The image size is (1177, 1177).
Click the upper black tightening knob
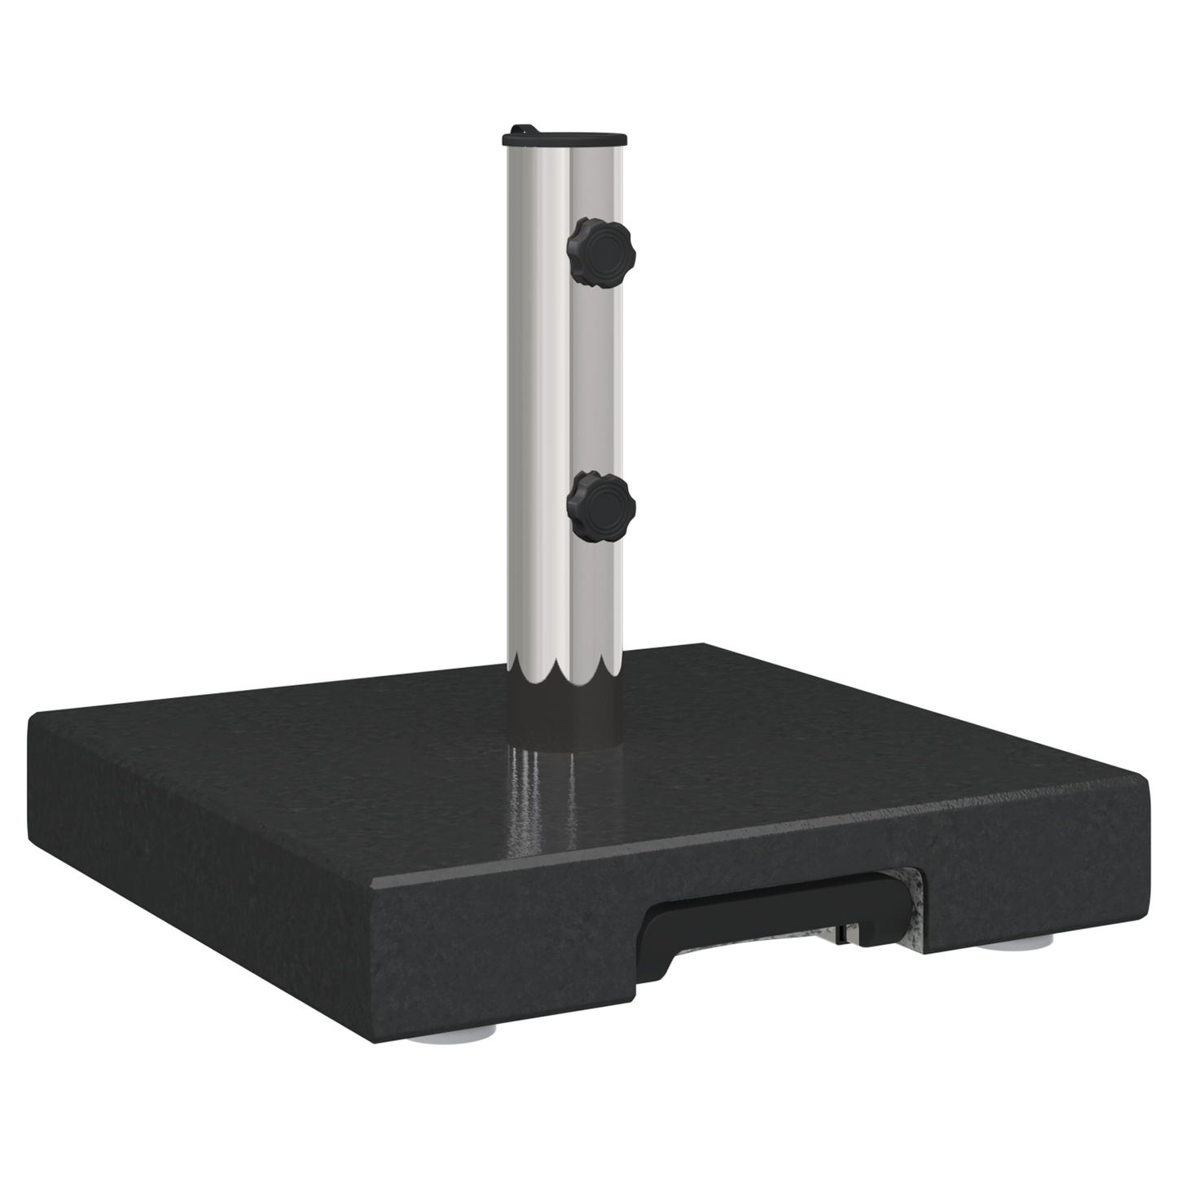click(x=602, y=252)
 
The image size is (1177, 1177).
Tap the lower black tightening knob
click(x=602, y=507)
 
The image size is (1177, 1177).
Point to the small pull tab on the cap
click(x=519, y=130)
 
